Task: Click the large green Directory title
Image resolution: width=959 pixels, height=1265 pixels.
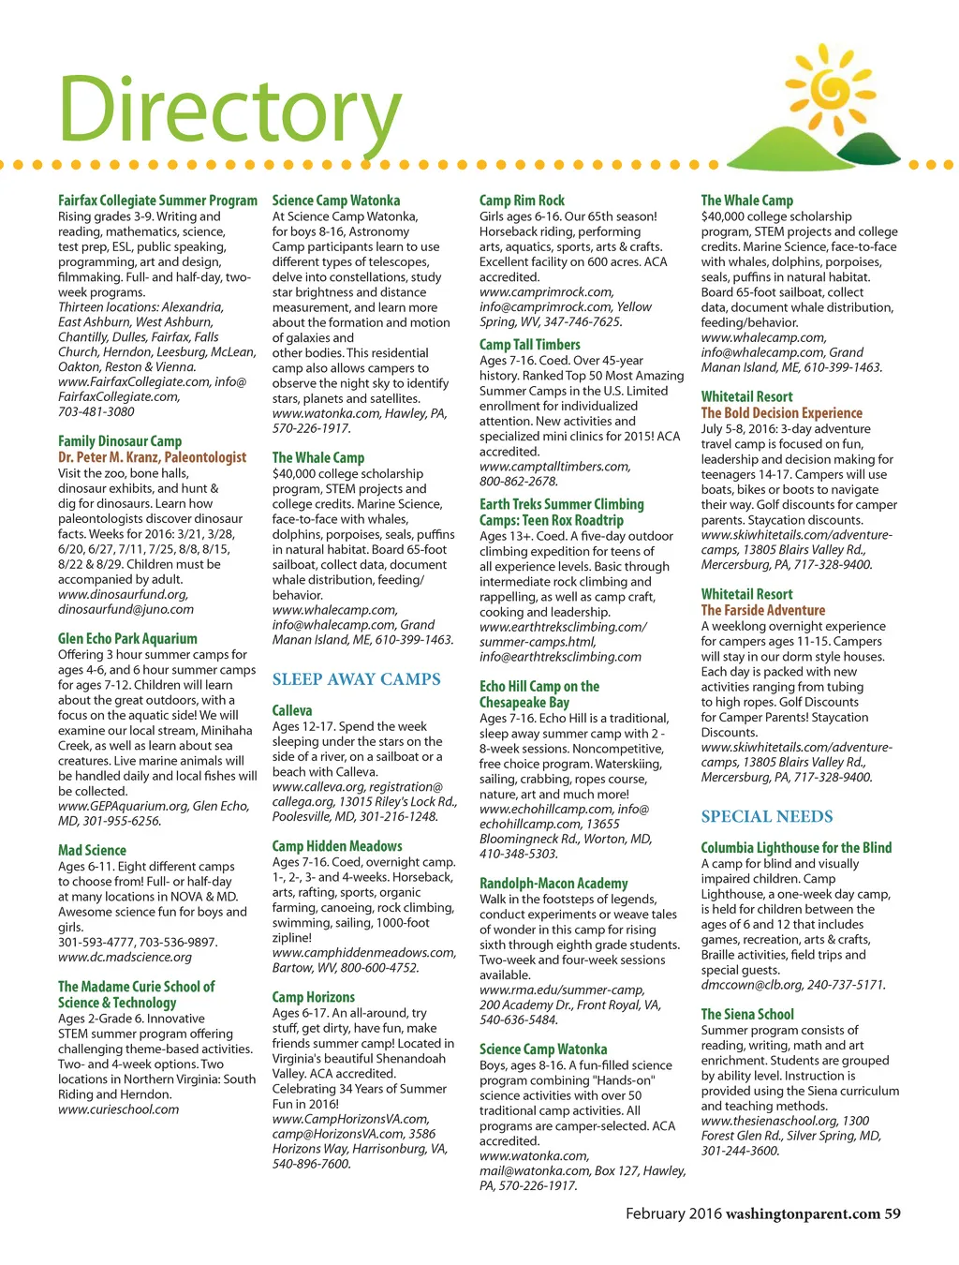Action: (x=229, y=111)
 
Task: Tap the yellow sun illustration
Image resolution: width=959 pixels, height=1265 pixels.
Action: (x=830, y=88)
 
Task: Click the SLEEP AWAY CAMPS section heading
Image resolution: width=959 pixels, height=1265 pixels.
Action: (x=356, y=679)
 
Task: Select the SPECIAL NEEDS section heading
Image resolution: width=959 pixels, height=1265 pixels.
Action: (x=766, y=816)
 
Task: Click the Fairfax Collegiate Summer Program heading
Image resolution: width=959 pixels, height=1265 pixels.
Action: (x=157, y=201)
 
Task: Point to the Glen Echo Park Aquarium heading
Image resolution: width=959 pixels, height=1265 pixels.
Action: (x=127, y=639)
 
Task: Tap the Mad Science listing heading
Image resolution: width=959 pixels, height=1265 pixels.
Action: (x=92, y=851)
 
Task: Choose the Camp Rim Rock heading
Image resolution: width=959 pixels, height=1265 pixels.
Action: (x=522, y=201)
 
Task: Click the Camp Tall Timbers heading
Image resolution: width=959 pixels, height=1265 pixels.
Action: (x=529, y=345)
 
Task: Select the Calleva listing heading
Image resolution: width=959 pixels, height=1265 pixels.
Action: (x=292, y=711)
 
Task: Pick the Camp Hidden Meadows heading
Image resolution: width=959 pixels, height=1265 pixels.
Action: (x=337, y=846)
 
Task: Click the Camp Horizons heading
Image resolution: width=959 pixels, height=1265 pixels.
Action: (x=314, y=997)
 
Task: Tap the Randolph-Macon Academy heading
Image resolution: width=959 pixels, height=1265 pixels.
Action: (x=553, y=884)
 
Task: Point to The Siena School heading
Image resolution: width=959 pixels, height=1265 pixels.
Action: (x=747, y=1014)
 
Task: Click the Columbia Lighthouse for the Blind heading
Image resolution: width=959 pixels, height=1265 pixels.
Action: (x=796, y=848)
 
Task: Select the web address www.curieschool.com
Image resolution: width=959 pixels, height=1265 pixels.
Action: (x=118, y=1109)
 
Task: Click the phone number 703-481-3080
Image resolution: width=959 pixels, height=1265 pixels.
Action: (x=96, y=411)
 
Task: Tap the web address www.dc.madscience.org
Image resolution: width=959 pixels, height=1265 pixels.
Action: (x=125, y=957)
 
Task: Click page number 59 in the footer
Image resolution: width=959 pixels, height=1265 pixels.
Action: (x=893, y=1213)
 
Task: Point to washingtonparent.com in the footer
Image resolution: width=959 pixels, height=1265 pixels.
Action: (x=803, y=1213)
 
